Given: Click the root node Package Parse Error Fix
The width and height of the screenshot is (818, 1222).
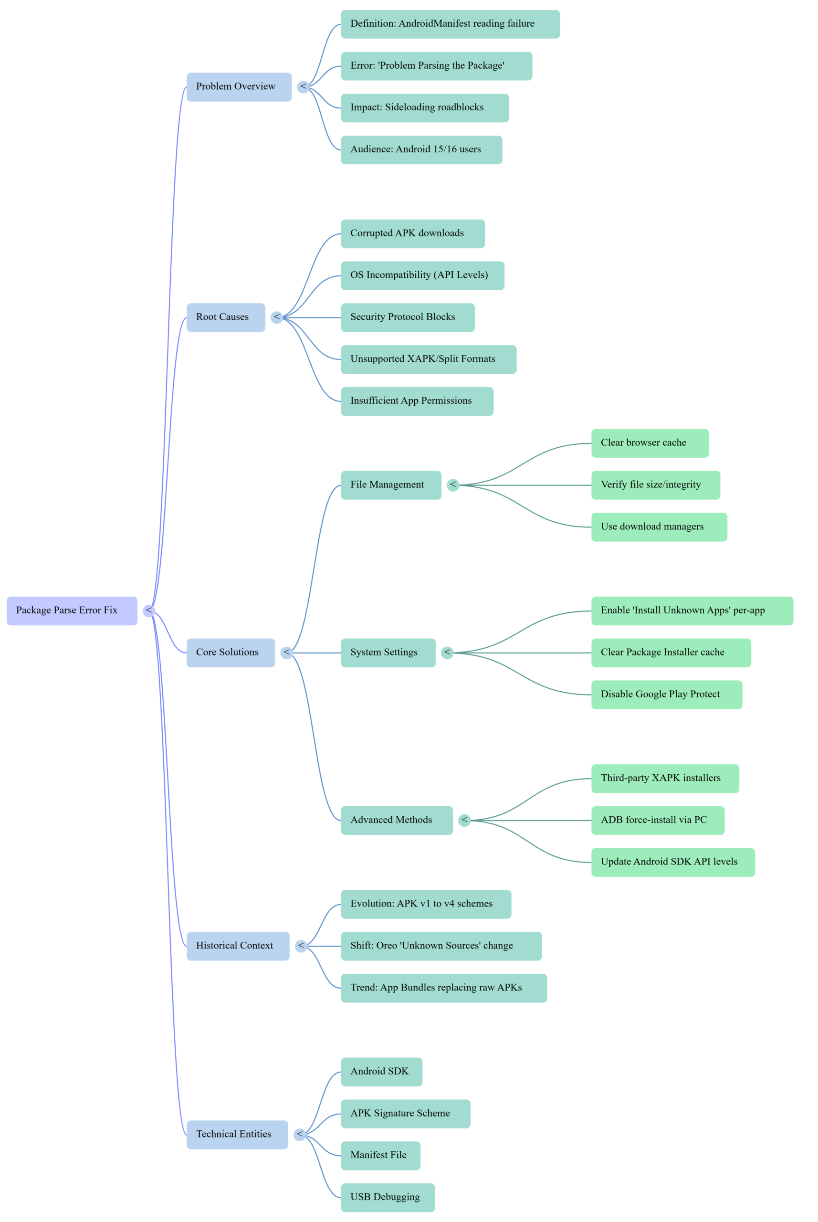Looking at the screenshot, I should (72, 611).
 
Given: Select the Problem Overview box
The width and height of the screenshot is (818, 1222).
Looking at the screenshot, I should (239, 86).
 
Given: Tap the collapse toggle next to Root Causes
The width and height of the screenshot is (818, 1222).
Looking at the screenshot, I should (276, 317).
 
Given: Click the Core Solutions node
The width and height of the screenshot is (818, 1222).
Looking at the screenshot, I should (230, 653).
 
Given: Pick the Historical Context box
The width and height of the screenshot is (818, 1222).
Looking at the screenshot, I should (237, 946).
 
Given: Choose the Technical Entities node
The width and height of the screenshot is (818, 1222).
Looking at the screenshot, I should (237, 1134).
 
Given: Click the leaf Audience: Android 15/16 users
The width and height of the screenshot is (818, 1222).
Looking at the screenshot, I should (421, 150).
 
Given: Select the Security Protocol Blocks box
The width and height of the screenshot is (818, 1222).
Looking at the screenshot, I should (407, 317).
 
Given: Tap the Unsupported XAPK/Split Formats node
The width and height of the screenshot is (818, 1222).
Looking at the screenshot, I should (428, 359).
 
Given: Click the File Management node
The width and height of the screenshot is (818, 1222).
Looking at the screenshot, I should (390, 485).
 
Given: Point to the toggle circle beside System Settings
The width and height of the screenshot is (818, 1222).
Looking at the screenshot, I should (447, 653).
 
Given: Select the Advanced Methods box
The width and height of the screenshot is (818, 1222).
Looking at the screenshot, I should (396, 820).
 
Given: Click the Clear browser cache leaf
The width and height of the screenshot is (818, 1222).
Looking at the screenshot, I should (650, 443).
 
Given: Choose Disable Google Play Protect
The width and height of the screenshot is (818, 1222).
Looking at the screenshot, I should (666, 695).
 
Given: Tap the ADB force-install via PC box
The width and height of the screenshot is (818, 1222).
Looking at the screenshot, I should (657, 820).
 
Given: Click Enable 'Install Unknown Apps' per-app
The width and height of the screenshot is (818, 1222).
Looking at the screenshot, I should (691, 611).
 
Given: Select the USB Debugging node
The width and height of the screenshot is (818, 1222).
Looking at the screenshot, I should (387, 1198).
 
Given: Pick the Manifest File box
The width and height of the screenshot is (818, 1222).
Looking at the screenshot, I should (380, 1155).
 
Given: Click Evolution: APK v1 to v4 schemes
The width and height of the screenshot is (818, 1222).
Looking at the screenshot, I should (425, 904).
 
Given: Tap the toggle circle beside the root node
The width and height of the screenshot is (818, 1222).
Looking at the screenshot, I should (149, 611).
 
